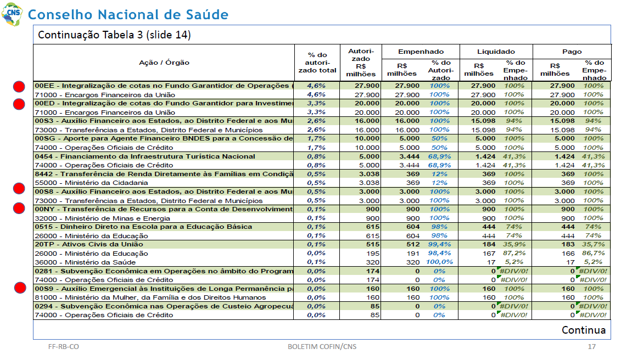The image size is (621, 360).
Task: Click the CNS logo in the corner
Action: (x=12, y=14)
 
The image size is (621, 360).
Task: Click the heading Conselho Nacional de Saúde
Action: (x=128, y=15)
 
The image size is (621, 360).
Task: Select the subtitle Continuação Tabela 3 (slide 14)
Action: (x=114, y=35)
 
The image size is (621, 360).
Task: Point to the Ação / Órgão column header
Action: (x=164, y=63)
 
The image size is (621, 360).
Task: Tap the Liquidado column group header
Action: (x=496, y=52)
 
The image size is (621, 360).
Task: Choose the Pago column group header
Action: (x=572, y=52)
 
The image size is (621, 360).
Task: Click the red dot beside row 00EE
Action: (x=19, y=86)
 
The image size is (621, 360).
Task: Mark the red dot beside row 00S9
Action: (x=20, y=288)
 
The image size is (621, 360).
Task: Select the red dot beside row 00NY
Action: (x=19, y=208)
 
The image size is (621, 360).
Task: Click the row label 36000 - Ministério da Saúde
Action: (x=85, y=262)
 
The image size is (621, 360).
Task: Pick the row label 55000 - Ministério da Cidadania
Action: (x=91, y=183)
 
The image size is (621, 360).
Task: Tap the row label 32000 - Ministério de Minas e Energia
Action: (x=102, y=218)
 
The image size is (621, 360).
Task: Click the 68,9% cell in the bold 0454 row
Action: (x=439, y=156)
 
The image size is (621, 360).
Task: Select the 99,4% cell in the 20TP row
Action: (x=439, y=244)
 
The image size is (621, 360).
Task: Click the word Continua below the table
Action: (x=583, y=330)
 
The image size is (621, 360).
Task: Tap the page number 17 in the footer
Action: (x=591, y=346)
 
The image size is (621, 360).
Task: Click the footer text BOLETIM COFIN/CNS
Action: (x=322, y=346)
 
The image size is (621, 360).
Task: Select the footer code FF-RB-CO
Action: (x=63, y=346)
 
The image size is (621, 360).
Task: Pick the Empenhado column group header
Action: (x=421, y=52)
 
